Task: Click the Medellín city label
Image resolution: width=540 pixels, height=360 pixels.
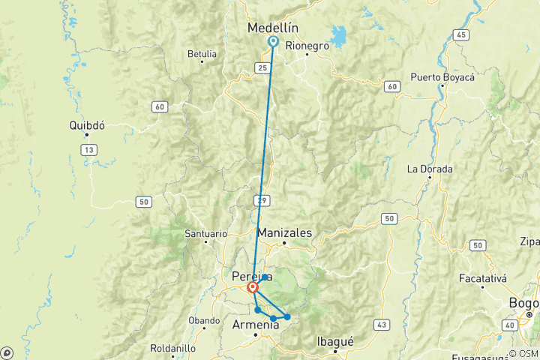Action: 273,28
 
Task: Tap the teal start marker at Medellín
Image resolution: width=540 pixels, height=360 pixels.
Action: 273,42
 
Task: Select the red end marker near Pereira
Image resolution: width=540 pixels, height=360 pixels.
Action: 253,286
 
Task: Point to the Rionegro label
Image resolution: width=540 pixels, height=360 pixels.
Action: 307,45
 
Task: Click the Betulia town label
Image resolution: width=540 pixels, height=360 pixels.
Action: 202,53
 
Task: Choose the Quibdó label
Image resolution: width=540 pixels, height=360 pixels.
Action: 86,125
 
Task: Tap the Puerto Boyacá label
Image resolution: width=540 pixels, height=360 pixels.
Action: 441,76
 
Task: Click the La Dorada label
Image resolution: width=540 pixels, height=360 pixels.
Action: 430,169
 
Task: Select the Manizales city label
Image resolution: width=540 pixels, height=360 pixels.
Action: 284,232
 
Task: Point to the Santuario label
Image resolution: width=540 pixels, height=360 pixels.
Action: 205,234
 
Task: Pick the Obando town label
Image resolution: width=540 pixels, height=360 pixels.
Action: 204,320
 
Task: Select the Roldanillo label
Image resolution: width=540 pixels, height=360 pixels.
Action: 173,349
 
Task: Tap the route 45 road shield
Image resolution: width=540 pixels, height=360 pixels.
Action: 460,35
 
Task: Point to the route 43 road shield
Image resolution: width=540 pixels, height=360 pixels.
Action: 383,324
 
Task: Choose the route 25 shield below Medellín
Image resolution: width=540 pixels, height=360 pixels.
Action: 262,67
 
